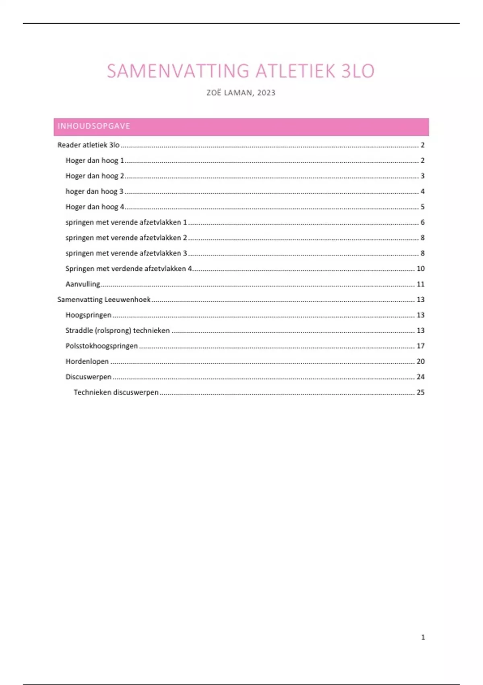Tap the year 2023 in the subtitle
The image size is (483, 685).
click(266, 93)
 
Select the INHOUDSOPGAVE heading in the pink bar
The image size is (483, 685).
click(94, 126)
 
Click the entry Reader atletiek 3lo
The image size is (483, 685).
click(89, 145)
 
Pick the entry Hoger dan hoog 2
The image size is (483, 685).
click(95, 176)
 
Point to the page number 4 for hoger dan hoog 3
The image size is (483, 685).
click(422, 191)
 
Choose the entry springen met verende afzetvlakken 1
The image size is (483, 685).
click(126, 222)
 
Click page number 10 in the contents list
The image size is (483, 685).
click(421, 269)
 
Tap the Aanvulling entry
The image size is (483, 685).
click(83, 284)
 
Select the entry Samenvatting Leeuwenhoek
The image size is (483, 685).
click(104, 300)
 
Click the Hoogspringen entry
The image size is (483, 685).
click(88, 315)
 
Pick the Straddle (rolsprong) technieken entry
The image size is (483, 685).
click(118, 331)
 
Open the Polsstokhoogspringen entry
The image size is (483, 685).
click(101, 346)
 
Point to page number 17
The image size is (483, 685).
click(421, 346)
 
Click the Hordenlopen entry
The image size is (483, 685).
click(87, 361)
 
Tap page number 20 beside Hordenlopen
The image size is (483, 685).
click(421, 361)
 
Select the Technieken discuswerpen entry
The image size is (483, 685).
click(116, 392)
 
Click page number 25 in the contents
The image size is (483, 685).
click(421, 392)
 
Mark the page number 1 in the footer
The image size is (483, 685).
click(423, 637)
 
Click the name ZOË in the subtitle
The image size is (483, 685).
click(214, 93)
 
